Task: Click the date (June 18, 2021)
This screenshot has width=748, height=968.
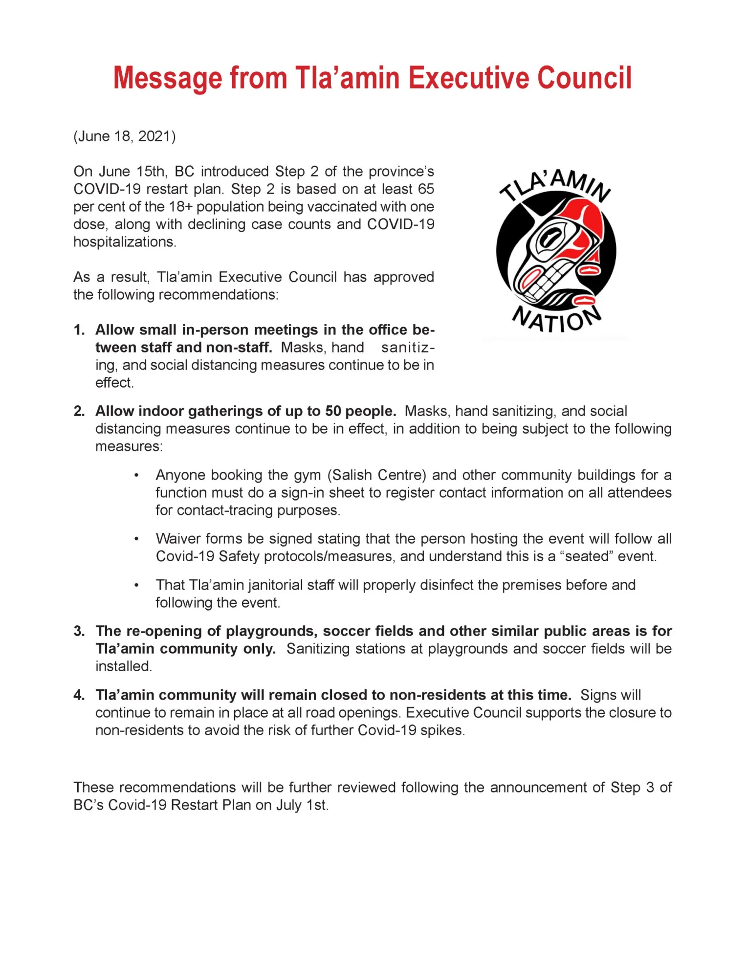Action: pos(125,136)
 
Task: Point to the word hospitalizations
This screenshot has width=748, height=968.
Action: pos(124,242)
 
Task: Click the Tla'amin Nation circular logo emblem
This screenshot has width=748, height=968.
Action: pos(556,251)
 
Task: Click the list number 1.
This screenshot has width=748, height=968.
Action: pos(79,330)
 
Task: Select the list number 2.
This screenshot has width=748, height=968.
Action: pos(79,411)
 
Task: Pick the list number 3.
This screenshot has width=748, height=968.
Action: pos(79,631)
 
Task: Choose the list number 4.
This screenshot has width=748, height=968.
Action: pos(79,695)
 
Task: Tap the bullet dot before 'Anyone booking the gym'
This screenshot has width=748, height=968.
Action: pos(137,475)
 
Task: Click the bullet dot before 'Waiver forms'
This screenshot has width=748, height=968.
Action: pos(137,539)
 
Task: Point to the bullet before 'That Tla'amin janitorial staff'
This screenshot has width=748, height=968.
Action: pos(137,585)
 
